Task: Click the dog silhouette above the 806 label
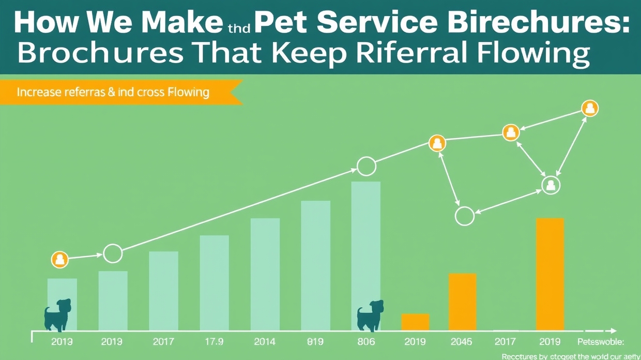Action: click(x=370, y=315)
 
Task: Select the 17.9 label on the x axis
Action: click(x=213, y=342)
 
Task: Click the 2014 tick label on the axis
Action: click(x=265, y=342)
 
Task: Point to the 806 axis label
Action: click(x=365, y=342)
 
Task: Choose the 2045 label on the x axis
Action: click(x=462, y=342)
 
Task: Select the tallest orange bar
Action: click(x=550, y=274)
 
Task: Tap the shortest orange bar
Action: click(x=415, y=322)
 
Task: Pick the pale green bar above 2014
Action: click(x=265, y=274)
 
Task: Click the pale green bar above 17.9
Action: click(x=214, y=283)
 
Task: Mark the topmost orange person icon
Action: click(x=589, y=109)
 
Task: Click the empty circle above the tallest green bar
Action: click(x=367, y=167)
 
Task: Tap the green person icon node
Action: click(x=551, y=185)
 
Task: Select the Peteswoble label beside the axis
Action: click(x=600, y=342)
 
